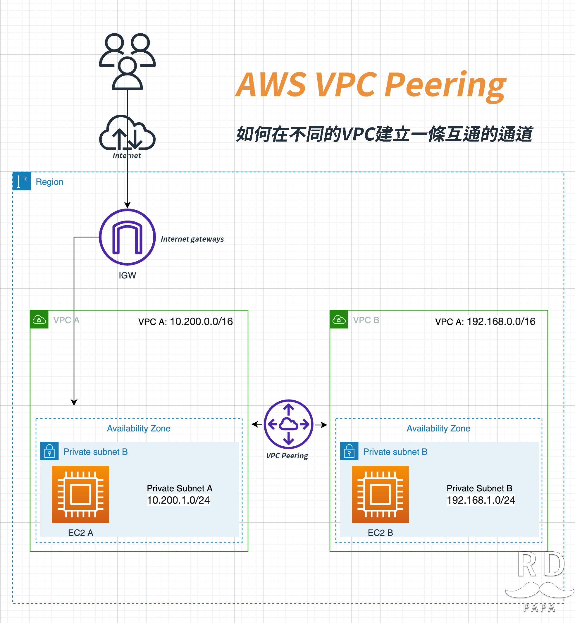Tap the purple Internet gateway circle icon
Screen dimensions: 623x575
coord(127,237)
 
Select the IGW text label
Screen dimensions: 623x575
coord(127,276)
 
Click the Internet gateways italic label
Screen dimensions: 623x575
coord(192,239)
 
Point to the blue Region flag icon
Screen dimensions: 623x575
coord(21,181)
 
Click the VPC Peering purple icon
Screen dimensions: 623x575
coord(288,424)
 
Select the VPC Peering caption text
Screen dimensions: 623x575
coord(287,456)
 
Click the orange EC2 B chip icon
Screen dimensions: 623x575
coord(380,494)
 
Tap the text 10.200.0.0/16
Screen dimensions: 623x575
coord(201,321)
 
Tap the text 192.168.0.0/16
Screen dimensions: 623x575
coord(501,321)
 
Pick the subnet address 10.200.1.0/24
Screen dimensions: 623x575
coord(178,500)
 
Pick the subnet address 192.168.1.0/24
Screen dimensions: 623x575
coord(481,500)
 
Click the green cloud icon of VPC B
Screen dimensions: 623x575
coord(339,319)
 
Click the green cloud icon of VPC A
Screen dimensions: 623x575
coord(39,319)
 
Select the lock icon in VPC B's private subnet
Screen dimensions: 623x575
coord(349,451)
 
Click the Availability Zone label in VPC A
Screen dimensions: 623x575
coord(139,428)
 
